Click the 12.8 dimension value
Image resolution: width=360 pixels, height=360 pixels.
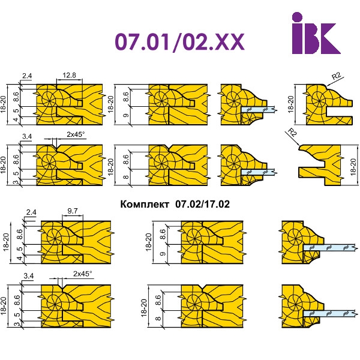(x=69, y=75)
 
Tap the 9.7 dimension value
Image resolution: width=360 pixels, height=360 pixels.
(x=73, y=211)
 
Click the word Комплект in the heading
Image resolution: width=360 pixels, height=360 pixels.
(x=145, y=204)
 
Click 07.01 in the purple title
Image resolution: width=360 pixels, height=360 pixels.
(x=142, y=41)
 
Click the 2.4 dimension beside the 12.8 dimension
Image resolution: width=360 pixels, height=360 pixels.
(x=27, y=76)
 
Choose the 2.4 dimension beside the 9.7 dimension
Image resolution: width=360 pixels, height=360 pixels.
(x=31, y=212)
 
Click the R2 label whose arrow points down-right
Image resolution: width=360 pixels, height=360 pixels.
(x=292, y=133)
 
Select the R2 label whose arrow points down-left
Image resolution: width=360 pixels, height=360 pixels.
(x=337, y=76)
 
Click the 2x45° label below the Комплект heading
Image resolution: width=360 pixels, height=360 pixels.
(x=82, y=274)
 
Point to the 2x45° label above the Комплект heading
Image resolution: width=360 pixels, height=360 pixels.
(x=76, y=134)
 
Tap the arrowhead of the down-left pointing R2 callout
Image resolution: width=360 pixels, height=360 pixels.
(x=327, y=86)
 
